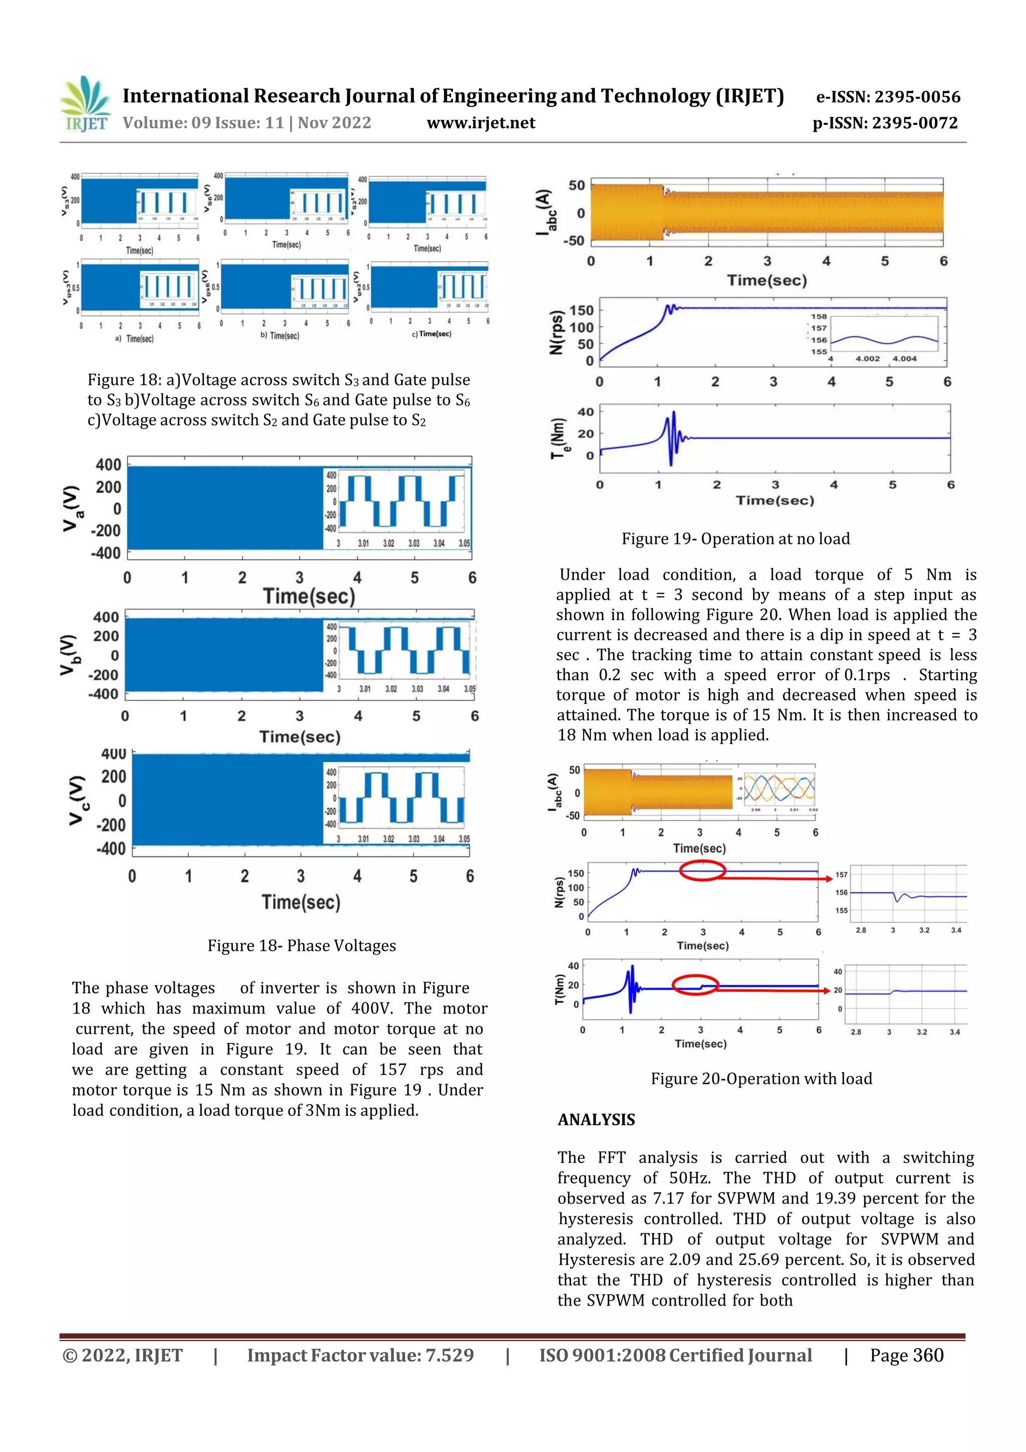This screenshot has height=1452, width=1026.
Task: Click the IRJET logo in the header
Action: pyautogui.click(x=85, y=104)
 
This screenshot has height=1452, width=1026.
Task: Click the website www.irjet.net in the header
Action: pyautogui.click(x=480, y=123)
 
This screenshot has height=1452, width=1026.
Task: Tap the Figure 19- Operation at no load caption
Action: pyautogui.click(x=735, y=539)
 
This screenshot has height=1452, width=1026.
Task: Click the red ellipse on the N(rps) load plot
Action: pyautogui.click(x=702, y=871)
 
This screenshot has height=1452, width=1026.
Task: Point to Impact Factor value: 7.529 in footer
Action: pyautogui.click(x=360, y=1355)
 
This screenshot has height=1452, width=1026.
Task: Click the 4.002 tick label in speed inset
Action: pyautogui.click(x=867, y=358)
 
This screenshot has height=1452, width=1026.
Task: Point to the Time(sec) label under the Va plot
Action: pyautogui.click(x=309, y=596)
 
